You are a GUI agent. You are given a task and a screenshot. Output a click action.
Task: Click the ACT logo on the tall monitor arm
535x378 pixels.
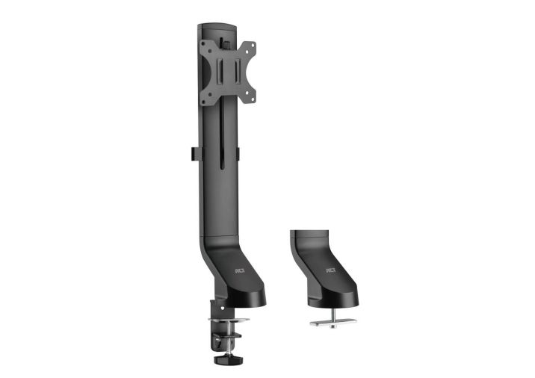[x=240, y=271]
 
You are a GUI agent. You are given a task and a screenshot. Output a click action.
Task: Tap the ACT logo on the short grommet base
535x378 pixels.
[x=331, y=270]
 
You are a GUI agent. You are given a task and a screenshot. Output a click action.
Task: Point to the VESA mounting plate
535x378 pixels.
[x=227, y=71]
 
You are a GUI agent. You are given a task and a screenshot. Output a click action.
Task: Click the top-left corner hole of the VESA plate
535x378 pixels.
[x=205, y=47]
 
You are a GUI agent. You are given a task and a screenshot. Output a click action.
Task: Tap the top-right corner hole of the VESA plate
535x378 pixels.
[x=251, y=47]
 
